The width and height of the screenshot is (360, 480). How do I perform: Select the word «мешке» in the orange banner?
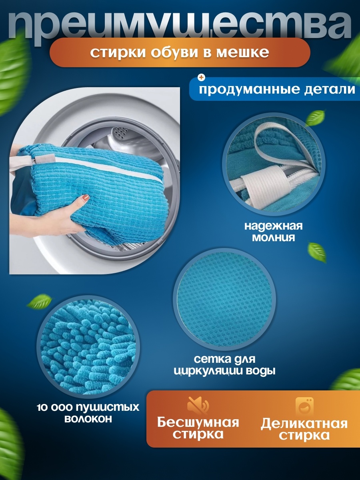point(243,53)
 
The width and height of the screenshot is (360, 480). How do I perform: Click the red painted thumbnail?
point(86,198)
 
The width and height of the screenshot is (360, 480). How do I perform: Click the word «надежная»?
point(274,226)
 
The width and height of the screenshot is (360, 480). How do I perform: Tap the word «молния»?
point(274,238)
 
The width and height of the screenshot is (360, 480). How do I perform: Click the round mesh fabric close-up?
point(224,299)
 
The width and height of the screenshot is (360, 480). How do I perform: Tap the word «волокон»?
point(88,419)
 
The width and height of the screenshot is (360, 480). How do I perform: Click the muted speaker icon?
point(198,406)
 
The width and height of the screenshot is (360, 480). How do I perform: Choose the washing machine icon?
point(304,406)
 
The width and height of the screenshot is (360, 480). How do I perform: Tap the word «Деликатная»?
point(304,423)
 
